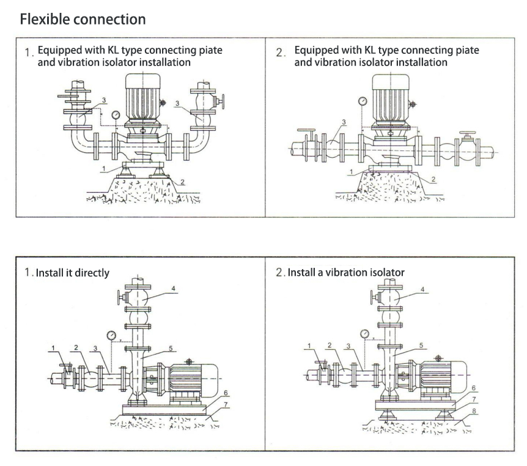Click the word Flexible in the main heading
coord(44,19)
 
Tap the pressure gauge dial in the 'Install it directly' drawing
coord(111,335)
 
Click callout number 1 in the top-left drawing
coord(105,167)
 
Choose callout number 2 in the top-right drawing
coord(433,179)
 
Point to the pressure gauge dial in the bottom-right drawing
coord(364,333)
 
